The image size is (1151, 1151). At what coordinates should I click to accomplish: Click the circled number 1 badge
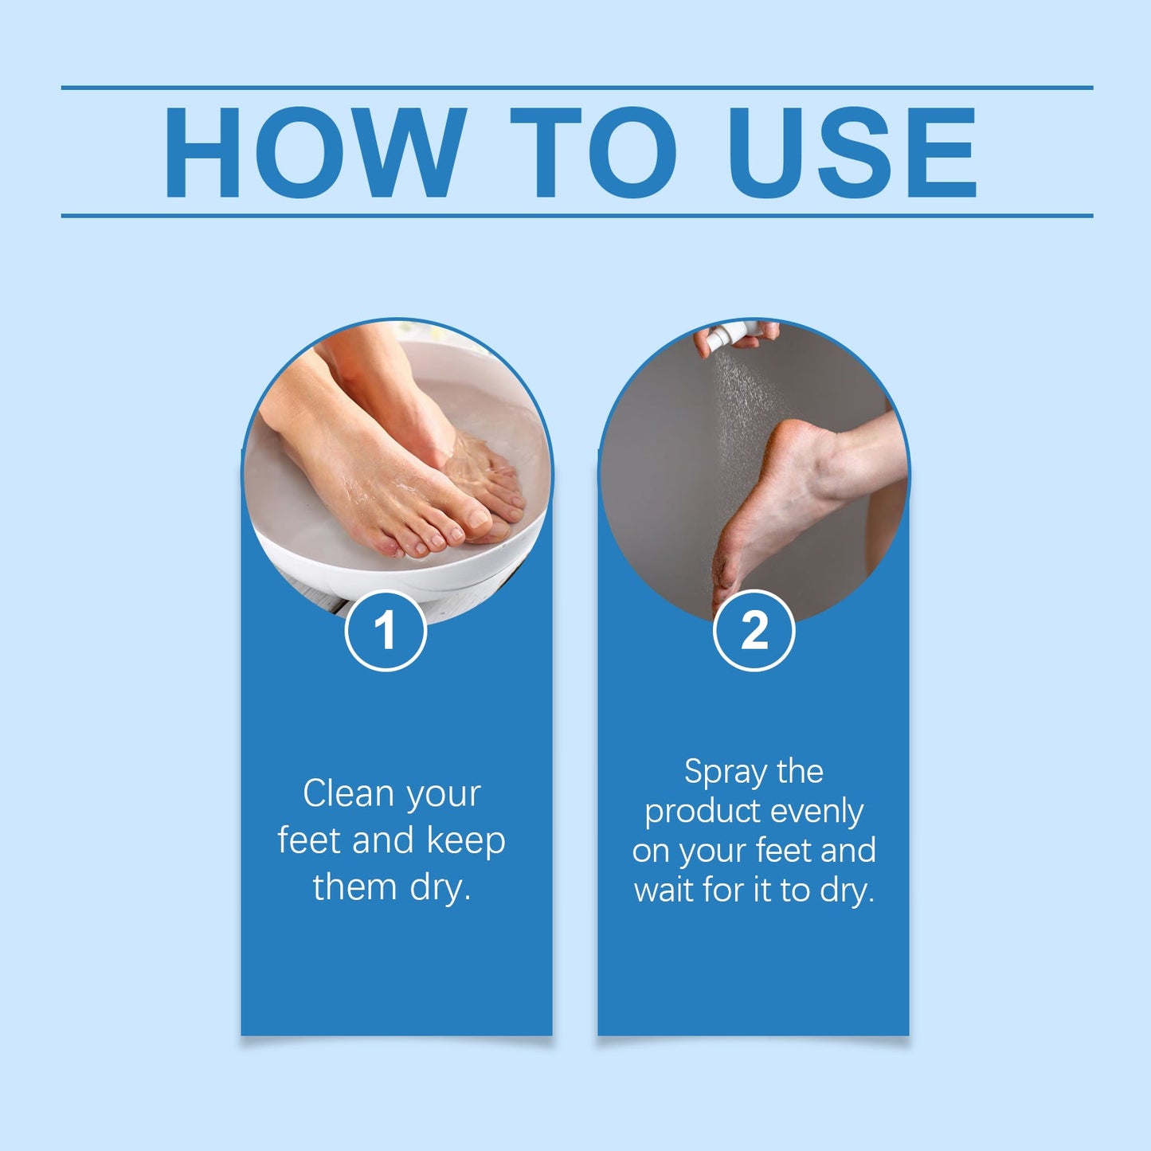386,631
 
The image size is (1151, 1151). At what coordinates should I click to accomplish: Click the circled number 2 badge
754,631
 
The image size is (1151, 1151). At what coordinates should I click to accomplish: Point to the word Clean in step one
348,793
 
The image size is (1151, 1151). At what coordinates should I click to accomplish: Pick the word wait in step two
665,890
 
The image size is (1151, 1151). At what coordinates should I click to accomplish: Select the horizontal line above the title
577,88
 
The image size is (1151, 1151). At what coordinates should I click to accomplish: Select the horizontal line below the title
577,215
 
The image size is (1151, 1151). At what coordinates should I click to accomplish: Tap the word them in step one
355,887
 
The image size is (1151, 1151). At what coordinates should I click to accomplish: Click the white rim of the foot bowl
446,577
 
